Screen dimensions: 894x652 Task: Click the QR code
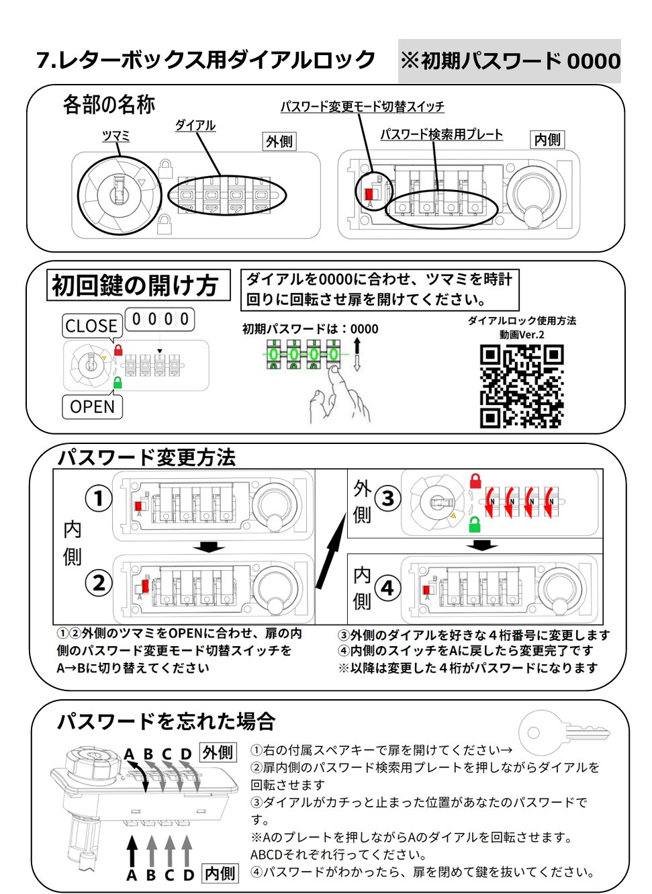522,386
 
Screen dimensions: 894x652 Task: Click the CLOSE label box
92,326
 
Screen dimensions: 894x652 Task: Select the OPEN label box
92,407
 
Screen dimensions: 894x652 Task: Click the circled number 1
98,498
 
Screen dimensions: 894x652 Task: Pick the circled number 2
98,582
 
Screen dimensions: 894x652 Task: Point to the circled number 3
387,498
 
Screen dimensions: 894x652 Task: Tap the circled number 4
387,588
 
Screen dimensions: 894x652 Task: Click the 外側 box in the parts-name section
279,142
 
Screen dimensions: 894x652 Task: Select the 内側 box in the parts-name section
547,140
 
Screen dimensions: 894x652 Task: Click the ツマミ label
115,136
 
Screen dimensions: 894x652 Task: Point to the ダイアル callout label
195,126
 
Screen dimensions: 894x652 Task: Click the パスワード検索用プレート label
441,134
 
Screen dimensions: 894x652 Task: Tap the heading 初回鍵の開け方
136,285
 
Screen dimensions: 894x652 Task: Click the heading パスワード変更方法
146,457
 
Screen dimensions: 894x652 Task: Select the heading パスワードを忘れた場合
166,721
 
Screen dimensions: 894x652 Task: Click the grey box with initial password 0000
510,61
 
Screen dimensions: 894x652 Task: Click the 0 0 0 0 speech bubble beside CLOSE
160,319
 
